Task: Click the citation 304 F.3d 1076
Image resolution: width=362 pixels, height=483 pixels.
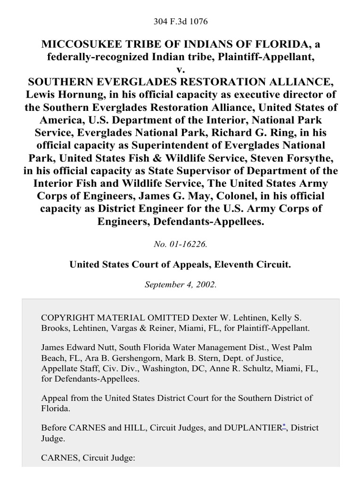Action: [181, 22]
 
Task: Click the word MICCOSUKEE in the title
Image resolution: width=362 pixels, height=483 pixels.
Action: [79, 45]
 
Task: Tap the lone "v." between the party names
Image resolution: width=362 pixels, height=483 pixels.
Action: [181, 69]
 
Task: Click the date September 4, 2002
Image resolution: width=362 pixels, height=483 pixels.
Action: [181, 285]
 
